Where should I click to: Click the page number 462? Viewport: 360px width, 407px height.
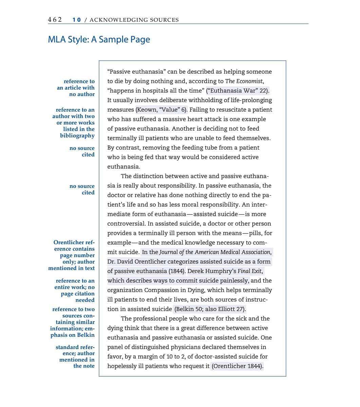tap(55, 20)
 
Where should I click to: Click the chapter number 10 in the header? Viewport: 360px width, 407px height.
tap(77, 20)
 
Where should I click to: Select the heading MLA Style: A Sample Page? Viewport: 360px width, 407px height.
tap(99, 39)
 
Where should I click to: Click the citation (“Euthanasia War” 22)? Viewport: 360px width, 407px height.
tap(238, 91)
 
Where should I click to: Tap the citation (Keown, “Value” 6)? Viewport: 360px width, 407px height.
tap(162, 110)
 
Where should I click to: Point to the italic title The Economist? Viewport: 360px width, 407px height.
tap(244, 81)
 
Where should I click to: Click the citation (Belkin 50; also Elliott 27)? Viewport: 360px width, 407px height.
tap(210, 309)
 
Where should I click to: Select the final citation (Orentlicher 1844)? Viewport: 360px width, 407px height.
tap(237, 366)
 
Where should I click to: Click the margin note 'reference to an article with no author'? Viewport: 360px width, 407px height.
tap(76, 88)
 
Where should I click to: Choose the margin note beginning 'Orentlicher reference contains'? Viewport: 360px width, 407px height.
tap(72, 255)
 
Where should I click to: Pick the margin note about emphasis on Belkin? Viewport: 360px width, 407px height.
tap(73, 322)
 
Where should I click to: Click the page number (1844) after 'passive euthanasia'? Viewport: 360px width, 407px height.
tap(177, 271)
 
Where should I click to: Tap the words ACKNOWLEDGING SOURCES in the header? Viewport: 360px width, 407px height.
tap(134, 20)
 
